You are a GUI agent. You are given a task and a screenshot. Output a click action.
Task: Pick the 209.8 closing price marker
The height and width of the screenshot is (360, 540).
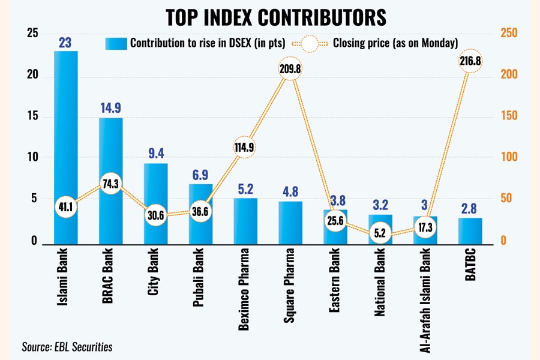(290, 69)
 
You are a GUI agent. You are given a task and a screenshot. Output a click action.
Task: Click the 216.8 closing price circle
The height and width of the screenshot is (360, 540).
(470, 61)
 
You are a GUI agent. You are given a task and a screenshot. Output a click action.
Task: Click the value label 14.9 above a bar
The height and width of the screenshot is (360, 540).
(111, 108)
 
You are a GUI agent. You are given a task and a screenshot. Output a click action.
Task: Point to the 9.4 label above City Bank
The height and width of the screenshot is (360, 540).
(156, 154)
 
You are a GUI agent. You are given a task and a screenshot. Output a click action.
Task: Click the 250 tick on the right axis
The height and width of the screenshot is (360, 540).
(510, 34)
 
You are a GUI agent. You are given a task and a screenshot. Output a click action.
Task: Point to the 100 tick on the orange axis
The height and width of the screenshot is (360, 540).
(510, 158)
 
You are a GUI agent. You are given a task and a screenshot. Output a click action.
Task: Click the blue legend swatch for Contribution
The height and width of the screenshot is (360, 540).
(116, 43)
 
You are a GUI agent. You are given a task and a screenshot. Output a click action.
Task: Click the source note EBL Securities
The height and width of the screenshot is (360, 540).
(67, 346)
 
